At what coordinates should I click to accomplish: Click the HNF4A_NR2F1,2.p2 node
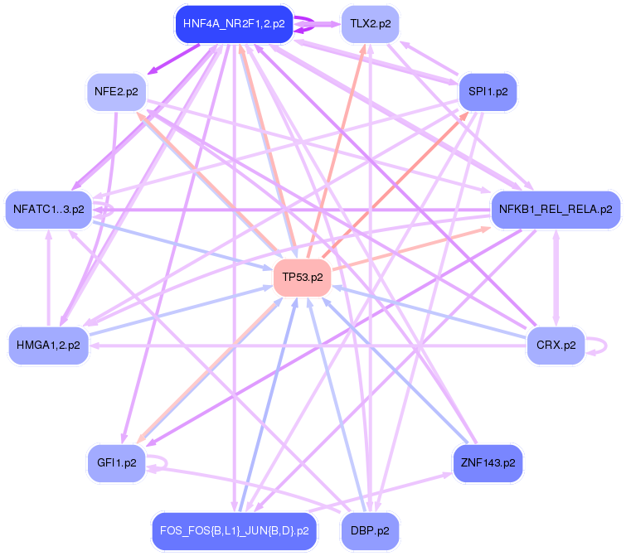(x=234, y=24)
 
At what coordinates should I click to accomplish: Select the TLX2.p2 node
(x=370, y=24)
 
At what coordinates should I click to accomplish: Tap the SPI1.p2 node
(x=488, y=91)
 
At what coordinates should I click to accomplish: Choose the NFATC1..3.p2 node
(x=48, y=210)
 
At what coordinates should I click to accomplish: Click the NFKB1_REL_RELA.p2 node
(x=555, y=210)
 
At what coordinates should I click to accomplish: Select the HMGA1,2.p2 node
(x=48, y=345)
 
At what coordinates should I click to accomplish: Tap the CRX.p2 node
(x=556, y=345)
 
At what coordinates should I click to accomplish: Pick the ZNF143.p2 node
(x=488, y=462)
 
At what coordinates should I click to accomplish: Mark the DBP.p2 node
(x=370, y=530)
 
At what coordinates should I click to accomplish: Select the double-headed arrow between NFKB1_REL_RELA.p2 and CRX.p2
(x=556, y=278)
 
